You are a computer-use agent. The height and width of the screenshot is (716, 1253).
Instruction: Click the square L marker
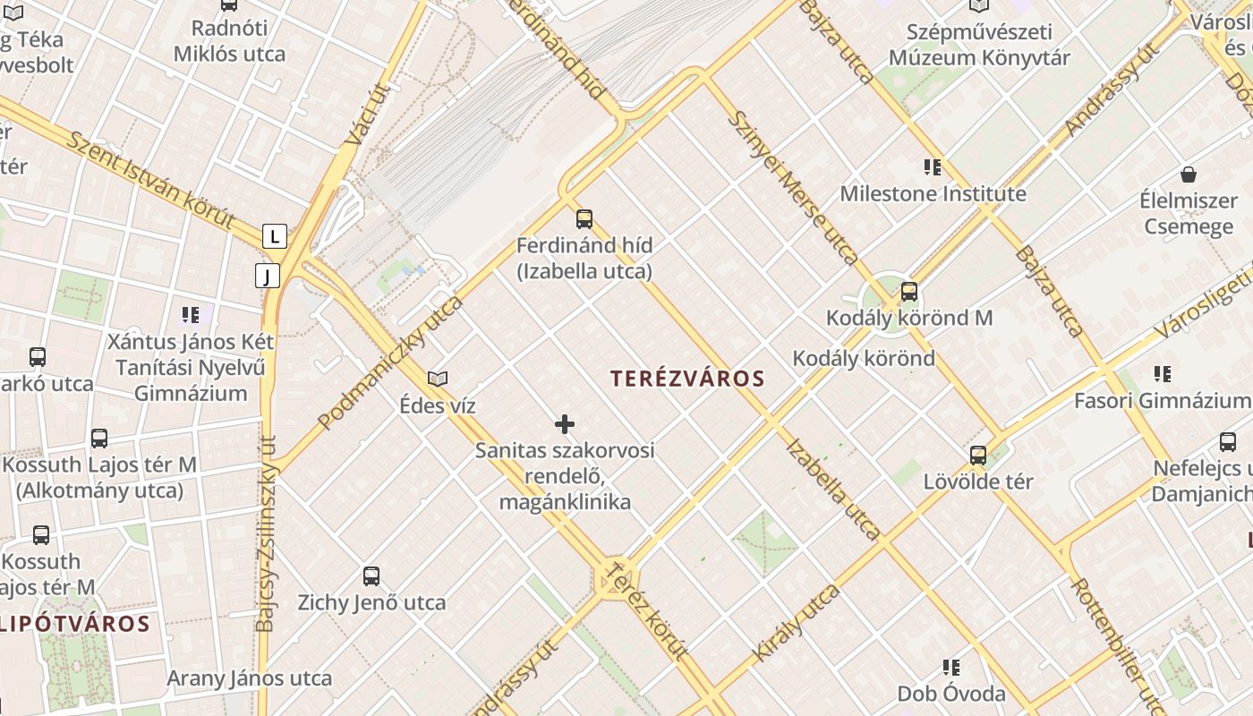(x=274, y=236)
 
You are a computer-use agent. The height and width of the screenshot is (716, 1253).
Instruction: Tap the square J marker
(x=267, y=276)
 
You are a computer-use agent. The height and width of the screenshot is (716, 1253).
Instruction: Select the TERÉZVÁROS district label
(x=687, y=379)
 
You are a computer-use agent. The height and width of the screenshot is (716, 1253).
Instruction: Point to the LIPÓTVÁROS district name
(x=74, y=624)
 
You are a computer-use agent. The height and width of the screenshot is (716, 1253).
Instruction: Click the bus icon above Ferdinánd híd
(x=584, y=218)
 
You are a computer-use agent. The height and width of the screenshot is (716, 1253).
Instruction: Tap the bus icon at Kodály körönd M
(x=909, y=292)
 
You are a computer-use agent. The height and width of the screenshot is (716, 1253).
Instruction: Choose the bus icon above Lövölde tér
(x=978, y=456)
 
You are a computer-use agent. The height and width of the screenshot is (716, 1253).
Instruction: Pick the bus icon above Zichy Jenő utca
(x=371, y=576)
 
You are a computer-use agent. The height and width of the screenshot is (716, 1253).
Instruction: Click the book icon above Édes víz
(x=438, y=379)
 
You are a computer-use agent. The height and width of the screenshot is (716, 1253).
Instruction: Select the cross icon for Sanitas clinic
(x=565, y=423)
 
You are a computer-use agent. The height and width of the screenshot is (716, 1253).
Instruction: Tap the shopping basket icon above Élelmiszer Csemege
(x=1189, y=174)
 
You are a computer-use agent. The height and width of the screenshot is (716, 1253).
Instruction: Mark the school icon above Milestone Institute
(x=933, y=167)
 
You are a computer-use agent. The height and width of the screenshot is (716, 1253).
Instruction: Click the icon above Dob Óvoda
(x=951, y=668)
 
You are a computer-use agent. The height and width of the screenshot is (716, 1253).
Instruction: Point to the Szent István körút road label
(x=151, y=180)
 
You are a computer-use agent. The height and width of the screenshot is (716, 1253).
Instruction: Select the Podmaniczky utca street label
(x=390, y=362)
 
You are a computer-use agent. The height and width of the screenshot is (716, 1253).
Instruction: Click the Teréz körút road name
(x=645, y=622)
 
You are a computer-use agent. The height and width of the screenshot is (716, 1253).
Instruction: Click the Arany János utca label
(x=250, y=678)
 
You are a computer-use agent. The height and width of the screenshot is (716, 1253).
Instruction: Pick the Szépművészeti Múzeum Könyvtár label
(x=979, y=46)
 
